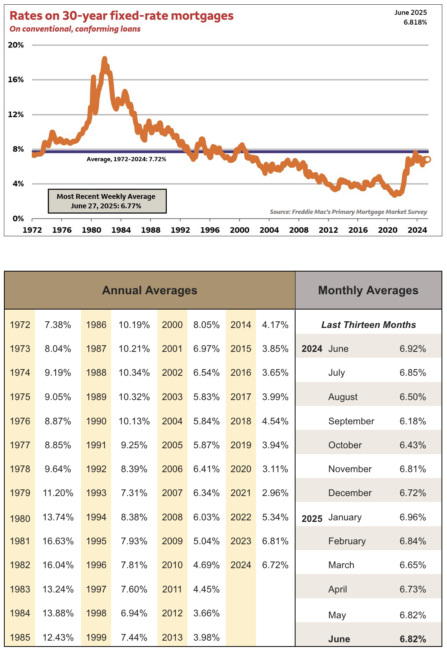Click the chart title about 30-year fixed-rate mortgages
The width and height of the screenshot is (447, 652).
pos(121,16)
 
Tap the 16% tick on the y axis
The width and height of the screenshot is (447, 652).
pos(16,80)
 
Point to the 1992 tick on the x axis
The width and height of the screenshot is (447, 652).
pos(180,230)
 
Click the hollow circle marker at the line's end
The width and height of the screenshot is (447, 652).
pos(427,159)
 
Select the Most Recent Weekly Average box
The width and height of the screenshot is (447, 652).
pos(107,201)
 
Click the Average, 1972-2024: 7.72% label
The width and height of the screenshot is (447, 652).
pos(126,159)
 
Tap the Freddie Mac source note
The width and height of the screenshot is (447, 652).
pos(348,212)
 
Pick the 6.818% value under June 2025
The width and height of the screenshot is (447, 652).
pos(415,22)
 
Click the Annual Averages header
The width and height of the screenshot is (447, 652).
pos(150,290)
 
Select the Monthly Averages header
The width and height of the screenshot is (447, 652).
pos(368,290)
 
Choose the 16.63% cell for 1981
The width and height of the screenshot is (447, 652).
pos(58,541)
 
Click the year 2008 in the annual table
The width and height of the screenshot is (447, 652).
pos(172,517)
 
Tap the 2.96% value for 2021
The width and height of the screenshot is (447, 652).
pos(275,493)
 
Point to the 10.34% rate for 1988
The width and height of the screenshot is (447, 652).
pos(134,373)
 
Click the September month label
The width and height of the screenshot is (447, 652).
pos(351,421)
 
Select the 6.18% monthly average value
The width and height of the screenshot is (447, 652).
pos(413,421)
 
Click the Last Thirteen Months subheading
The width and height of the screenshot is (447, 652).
pos(368,325)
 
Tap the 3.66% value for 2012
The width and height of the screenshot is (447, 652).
pos(206,613)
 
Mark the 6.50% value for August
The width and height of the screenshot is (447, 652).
pos(413,397)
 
